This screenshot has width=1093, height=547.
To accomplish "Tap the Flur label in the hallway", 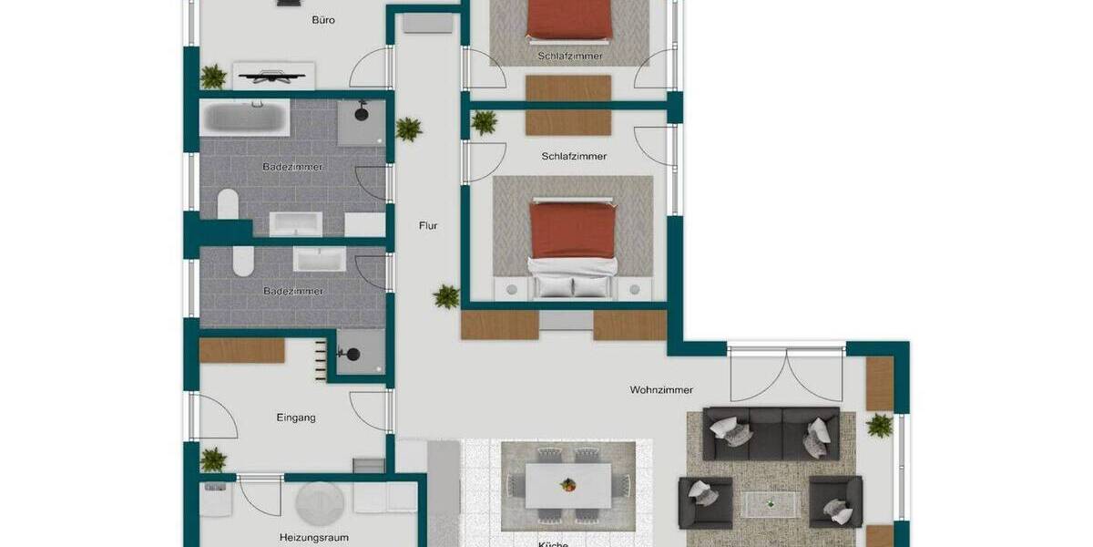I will coord(428,225).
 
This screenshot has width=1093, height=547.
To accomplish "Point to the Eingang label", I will coord(296,418).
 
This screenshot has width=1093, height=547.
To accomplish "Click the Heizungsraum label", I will coord(313,537).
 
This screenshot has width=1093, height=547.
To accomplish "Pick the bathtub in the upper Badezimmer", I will coord(245,118).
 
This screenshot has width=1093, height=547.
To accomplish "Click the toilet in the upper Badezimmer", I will coord(228,203).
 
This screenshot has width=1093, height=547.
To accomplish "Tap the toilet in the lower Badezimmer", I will coord(242,263).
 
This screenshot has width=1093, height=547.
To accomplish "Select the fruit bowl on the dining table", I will coord(568,485).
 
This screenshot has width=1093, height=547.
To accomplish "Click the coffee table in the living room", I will coord(771,503).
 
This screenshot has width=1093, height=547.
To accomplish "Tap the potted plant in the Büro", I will coord(213,77).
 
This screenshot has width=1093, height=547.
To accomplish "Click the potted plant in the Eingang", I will coord(213,460).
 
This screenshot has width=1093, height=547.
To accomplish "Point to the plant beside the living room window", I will coord(880,425).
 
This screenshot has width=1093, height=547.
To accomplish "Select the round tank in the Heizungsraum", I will coord(319,501).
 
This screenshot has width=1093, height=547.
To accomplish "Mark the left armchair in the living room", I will coord(705,501).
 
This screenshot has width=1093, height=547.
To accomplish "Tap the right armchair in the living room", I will coord(835,501).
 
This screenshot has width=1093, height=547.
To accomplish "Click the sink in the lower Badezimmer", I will coord(319,260).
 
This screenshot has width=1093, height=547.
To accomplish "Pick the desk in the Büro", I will coord(274,75).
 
